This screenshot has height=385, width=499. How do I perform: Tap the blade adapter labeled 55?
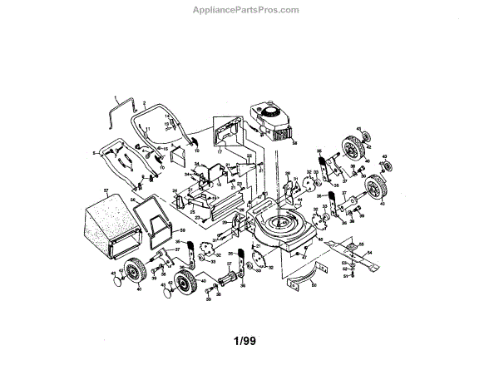349,246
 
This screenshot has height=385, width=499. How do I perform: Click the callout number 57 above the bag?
106,191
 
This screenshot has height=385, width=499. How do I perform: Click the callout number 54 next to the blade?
369,250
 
